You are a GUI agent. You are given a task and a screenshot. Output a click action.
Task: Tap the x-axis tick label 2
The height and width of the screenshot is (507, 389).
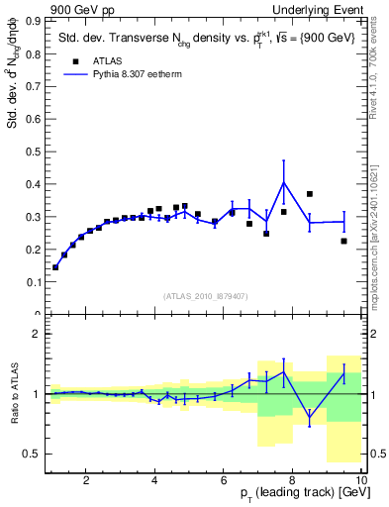pyautogui.click(x=86, y=481)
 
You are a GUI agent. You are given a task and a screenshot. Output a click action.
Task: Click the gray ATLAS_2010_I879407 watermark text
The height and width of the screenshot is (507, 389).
pyautogui.click(x=204, y=295)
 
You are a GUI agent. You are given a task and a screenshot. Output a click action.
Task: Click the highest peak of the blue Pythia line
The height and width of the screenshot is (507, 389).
pyautogui.click(x=283, y=182)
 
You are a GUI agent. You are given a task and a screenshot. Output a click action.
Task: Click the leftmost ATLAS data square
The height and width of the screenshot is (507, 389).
pyautogui.click(x=55, y=267)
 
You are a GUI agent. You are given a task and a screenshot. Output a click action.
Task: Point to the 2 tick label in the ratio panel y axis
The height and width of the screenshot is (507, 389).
pyautogui.click(x=36, y=334)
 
